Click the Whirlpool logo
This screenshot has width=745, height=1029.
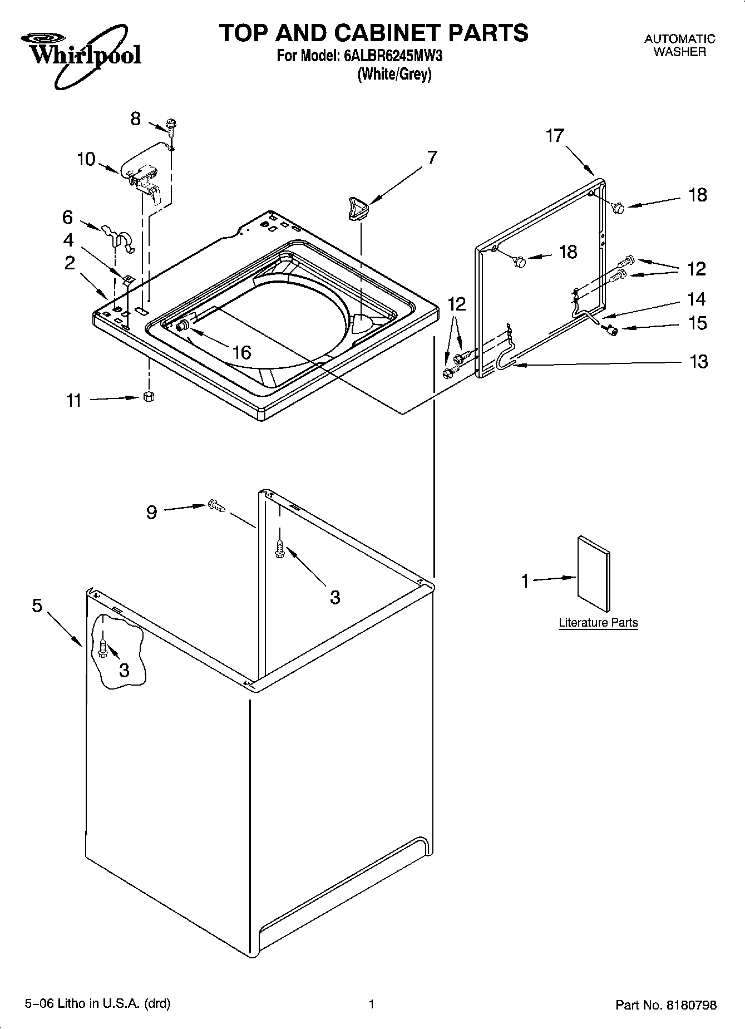point(81,53)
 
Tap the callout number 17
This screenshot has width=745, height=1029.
point(555,135)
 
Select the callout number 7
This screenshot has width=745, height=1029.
point(432,157)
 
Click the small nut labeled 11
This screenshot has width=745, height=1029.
point(149,396)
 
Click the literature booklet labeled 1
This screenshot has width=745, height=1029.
point(594,574)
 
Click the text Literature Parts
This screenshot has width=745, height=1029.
point(598,623)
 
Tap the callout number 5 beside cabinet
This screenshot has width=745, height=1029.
point(37,605)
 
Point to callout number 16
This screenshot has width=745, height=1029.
point(241,352)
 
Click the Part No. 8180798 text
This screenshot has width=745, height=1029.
point(665,1005)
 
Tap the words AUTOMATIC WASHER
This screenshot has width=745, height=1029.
point(679,45)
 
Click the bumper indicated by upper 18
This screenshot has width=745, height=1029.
point(618,208)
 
